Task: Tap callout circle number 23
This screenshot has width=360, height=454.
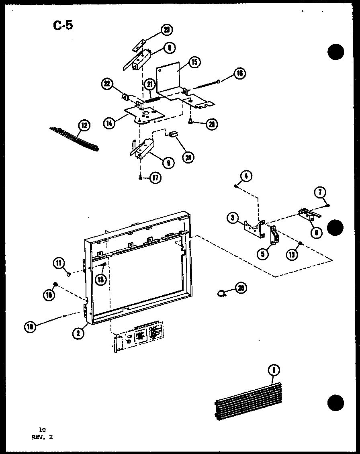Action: [x=166, y=30]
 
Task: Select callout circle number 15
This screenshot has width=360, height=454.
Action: [x=194, y=62]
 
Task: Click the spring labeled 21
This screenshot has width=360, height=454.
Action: [x=152, y=96]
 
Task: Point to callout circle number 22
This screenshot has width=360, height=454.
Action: [x=107, y=84]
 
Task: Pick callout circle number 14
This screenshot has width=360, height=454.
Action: [x=108, y=124]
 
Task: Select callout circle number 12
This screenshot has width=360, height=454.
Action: [x=84, y=125]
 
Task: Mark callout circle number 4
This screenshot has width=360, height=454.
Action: [x=247, y=176]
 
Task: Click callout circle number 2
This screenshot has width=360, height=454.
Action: [x=79, y=333]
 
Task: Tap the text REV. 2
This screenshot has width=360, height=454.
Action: [x=42, y=438]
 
